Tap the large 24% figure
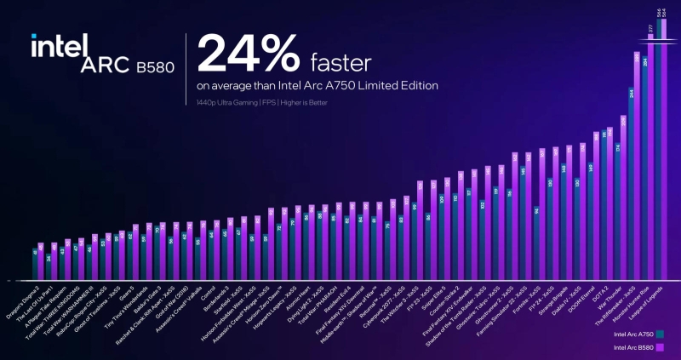[x=248, y=55]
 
